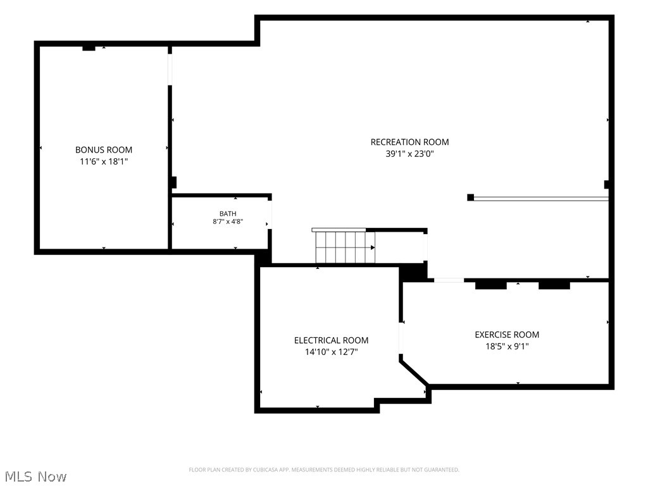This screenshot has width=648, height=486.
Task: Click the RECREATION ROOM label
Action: point(409,142)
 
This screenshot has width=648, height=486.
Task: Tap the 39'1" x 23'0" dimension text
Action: point(409,154)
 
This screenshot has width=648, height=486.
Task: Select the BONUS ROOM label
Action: point(104,150)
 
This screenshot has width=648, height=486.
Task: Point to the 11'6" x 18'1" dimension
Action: point(104,161)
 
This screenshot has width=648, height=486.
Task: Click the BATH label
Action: point(228,214)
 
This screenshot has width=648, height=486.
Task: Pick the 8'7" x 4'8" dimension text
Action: point(228,221)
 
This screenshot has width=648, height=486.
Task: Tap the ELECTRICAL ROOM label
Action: point(331,340)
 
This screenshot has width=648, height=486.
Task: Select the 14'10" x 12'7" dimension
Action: point(331,352)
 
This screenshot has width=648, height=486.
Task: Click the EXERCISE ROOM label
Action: point(507,335)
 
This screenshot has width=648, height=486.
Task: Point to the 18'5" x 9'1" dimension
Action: point(507,346)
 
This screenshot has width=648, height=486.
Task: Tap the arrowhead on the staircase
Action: point(373,247)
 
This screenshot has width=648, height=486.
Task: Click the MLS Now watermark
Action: point(35,477)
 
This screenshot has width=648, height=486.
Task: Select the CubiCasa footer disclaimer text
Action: point(324,470)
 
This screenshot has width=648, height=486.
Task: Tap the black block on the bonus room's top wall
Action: point(89,48)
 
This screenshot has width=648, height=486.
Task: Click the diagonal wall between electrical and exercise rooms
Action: point(414,373)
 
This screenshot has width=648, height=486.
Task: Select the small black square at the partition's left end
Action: point(470,197)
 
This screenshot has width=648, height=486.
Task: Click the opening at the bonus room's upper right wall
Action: point(170,70)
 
